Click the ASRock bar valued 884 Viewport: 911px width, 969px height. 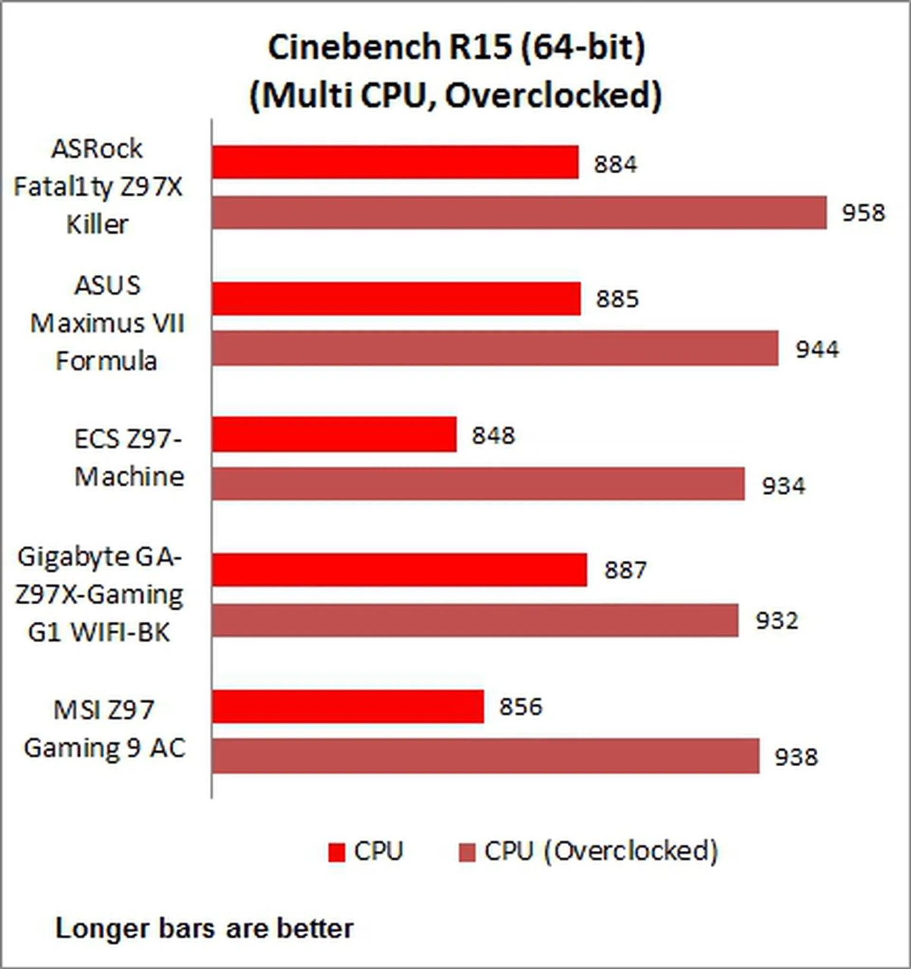tap(395, 162)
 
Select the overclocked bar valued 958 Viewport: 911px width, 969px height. tap(520, 212)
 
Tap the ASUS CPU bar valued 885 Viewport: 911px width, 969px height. tap(396, 298)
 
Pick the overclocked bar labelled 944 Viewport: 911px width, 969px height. tap(495, 349)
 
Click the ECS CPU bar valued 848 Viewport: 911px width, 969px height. tap(334, 434)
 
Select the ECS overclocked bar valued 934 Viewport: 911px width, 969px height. tap(478, 484)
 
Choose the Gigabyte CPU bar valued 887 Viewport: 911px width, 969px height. tap(399, 570)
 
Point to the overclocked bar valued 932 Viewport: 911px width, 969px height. tap(475, 620)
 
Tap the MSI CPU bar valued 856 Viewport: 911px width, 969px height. tap(348, 706)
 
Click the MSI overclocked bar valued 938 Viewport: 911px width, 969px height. tap(485, 756)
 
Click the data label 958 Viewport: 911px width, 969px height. tap(863, 213)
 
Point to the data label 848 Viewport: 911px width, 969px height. tap(493, 435)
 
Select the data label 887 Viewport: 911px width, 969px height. tap(626, 570)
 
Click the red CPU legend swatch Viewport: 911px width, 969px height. tap(336, 852)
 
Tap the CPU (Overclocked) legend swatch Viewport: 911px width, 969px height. tap(467, 852)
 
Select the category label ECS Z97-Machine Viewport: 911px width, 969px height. tap(129, 457)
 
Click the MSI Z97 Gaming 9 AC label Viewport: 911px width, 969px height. tap(104, 729)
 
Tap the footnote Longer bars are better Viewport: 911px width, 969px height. tap(205, 929)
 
